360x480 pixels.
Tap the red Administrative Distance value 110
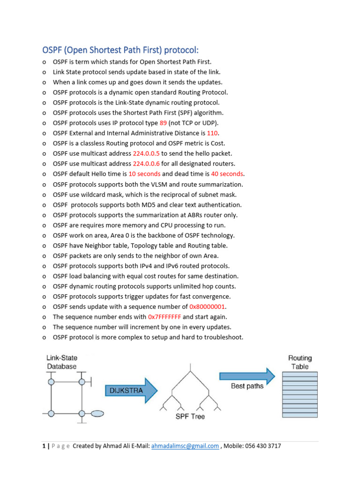tap(213, 133)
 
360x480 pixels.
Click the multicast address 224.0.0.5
tap(146, 153)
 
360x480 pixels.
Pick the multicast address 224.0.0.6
tap(146, 164)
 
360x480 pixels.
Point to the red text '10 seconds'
tap(144, 174)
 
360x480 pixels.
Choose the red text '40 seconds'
tap(227, 174)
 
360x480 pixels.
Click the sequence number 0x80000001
tap(207, 307)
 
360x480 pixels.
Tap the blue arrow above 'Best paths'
tap(247, 375)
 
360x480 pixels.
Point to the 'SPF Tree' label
tap(189, 416)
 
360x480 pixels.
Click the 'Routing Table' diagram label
tap(300, 362)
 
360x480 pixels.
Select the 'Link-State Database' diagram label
tap(61, 362)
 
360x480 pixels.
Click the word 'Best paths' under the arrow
tap(247, 386)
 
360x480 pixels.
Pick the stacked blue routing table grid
tap(300, 394)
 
